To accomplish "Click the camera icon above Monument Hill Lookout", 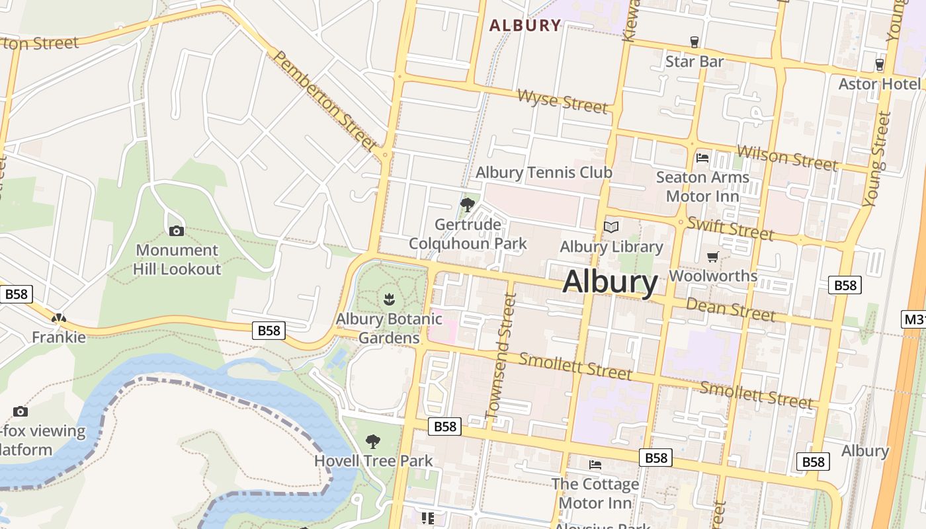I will pos(176,231).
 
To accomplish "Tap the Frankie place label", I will pos(59,337).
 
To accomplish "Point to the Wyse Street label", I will pos(562,101).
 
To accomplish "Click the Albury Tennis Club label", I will pos(544,173).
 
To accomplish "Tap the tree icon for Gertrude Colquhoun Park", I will pos(468,205).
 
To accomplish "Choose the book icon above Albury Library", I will pos(611,227).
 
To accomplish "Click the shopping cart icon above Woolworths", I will pos(712,257).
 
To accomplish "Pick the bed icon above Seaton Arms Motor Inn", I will pos(702,158).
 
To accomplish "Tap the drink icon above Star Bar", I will pos(694,42).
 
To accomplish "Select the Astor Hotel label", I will pos(879,84).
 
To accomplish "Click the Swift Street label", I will pos(730,228).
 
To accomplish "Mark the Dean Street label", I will pos(730,309).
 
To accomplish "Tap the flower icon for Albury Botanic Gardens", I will pos(389,299).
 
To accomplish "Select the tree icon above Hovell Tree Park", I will pos(373,441).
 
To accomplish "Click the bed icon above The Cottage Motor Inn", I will pos(595,465).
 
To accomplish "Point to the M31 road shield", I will pos(914,320).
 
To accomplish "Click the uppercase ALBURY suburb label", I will pos(525,26).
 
